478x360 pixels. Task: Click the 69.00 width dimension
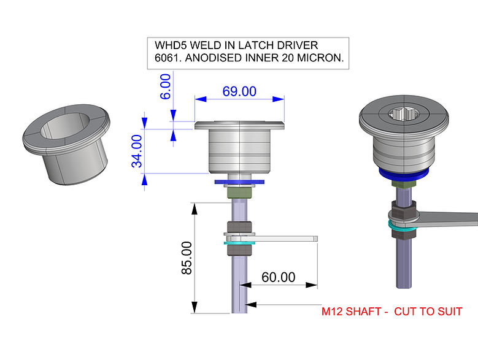239,91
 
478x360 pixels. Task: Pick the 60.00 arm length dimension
279,277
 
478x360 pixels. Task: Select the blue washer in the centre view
239,182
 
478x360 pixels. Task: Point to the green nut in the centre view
239,193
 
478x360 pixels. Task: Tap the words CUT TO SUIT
428,312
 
